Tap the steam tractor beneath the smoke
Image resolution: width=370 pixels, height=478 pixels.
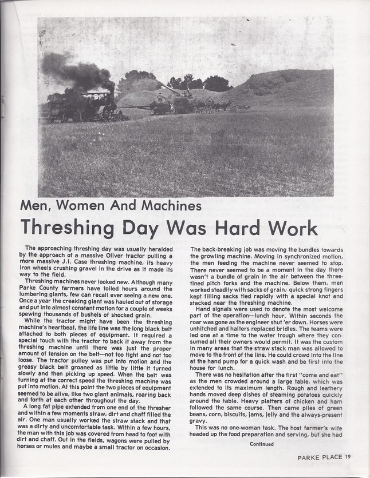[x=97, y=106]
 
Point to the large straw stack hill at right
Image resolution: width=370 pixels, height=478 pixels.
[x=286, y=91]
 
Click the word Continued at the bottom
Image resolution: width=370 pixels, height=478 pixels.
[x=261, y=444]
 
